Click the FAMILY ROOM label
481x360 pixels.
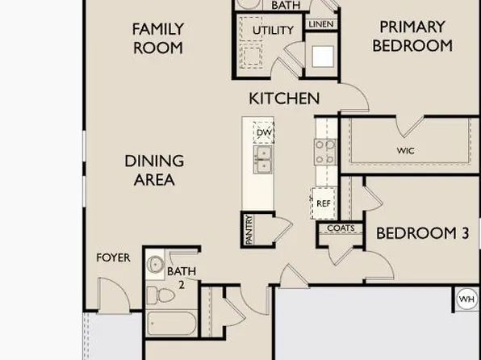(x=158, y=38)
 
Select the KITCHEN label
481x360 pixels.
(x=283, y=98)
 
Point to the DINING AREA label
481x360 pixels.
(x=154, y=170)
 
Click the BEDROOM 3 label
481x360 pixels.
(x=422, y=233)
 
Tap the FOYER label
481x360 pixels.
(x=113, y=258)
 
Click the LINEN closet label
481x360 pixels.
(x=320, y=25)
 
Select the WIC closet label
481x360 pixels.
(x=405, y=150)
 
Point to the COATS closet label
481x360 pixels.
(x=340, y=228)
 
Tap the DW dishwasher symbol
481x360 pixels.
(x=264, y=132)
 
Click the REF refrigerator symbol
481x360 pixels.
(x=323, y=203)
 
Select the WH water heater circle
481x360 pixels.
(x=466, y=299)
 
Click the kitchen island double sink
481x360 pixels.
(x=263, y=159)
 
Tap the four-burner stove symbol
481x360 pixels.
(x=324, y=152)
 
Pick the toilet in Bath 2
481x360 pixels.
(x=165, y=295)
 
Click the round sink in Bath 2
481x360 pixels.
(x=155, y=265)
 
